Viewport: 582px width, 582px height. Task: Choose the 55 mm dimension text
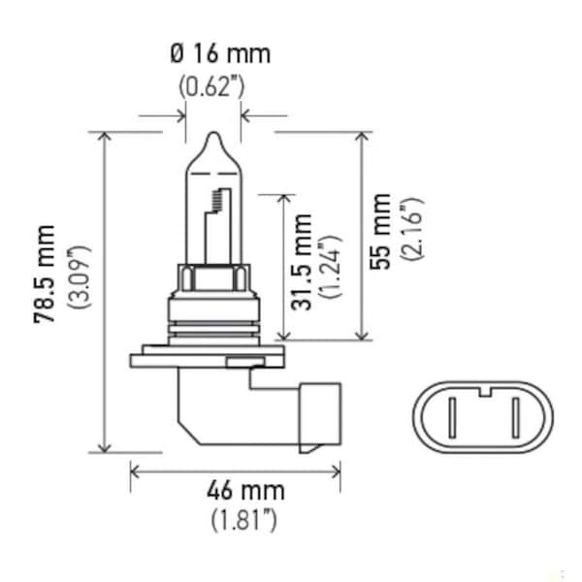point(383,230)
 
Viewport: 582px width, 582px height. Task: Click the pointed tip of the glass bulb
point(211,135)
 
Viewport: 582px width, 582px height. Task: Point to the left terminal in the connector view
point(450,420)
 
